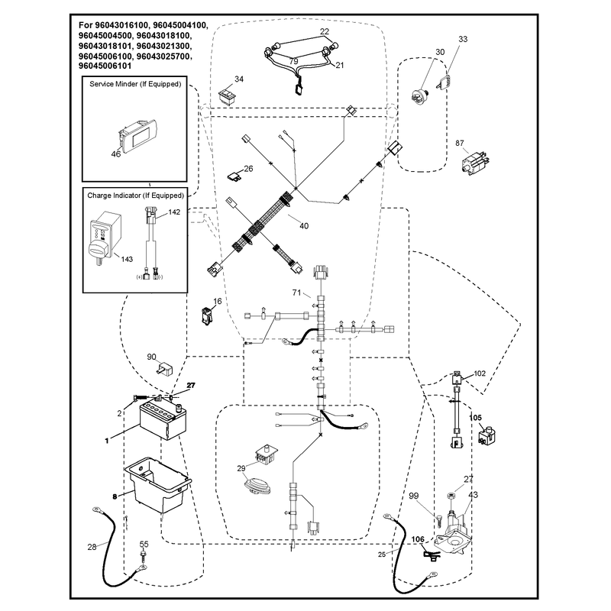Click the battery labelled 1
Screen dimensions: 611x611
coord(163,420)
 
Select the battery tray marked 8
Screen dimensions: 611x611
coord(158,485)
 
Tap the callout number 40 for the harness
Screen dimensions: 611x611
coord(303,226)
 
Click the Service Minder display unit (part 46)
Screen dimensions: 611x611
coord(138,136)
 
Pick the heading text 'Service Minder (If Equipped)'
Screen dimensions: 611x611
coord(135,84)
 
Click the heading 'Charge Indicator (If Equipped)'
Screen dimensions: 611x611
coord(135,196)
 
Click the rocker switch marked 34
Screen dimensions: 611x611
coord(227,95)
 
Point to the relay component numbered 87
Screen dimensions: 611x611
coord(475,162)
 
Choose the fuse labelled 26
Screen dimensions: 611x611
coord(235,176)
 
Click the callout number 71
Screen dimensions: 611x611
coord(297,293)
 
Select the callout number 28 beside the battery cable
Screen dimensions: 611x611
coord(92,547)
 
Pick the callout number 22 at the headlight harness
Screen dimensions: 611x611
coord(324,31)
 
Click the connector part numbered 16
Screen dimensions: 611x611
coord(206,316)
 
